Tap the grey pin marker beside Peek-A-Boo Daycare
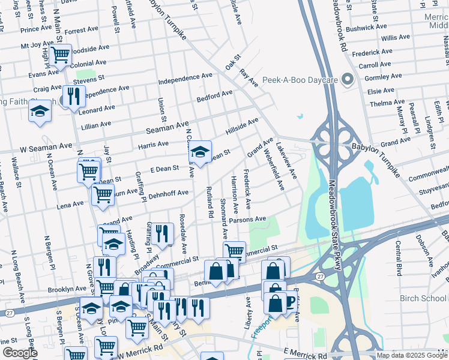coord(346,79)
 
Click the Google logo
coord(19,353)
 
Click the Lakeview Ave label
coord(286,160)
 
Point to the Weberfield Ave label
coord(273,170)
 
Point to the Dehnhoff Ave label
coord(169,193)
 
